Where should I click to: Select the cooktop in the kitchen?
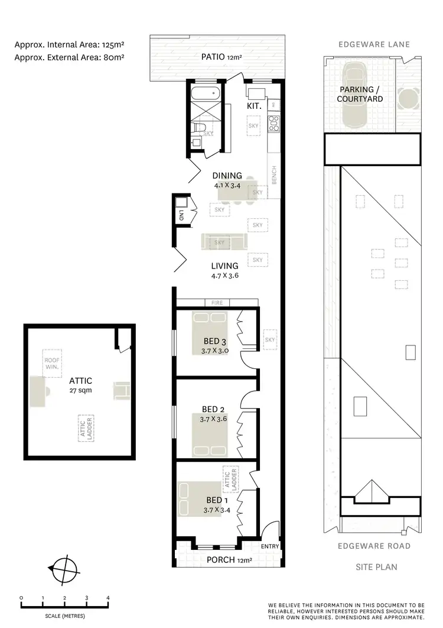[274, 123]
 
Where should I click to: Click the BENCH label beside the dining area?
[274, 176]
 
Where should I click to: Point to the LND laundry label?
[181, 217]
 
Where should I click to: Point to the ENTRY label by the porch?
[269, 546]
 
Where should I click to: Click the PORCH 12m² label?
[229, 560]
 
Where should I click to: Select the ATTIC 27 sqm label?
[80, 386]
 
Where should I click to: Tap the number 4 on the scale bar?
[108, 598]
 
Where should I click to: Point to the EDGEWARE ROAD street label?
[374, 546]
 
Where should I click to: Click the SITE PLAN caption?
[376, 567]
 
